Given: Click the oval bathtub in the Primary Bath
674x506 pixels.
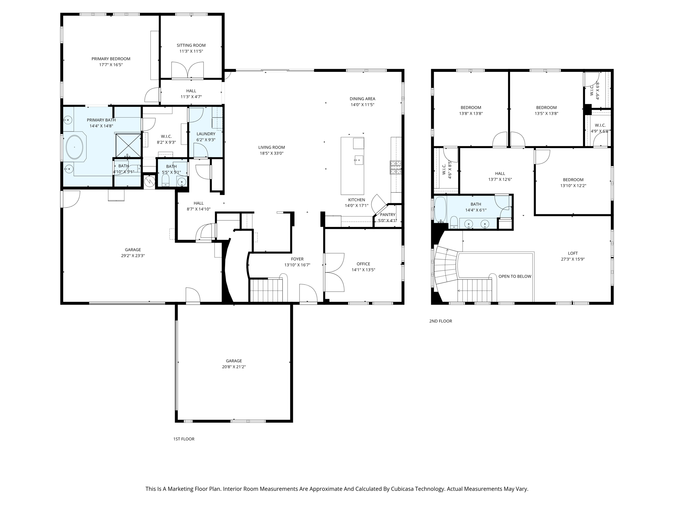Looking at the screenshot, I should click(x=75, y=147).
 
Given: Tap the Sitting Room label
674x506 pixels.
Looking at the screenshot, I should click(x=191, y=45).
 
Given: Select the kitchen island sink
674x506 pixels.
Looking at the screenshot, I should click(x=359, y=161).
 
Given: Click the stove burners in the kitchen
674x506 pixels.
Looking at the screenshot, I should click(x=396, y=167).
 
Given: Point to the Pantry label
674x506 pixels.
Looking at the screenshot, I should click(x=387, y=215).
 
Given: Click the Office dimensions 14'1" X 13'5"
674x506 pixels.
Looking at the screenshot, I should click(x=363, y=270).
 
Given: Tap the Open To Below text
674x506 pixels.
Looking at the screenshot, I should click(x=515, y=276).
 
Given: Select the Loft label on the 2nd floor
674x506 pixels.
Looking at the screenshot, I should click(x=573, y=253).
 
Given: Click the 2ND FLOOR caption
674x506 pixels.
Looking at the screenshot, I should click(x=440, y=321).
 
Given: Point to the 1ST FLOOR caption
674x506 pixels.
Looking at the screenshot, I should click(x=184, y=439).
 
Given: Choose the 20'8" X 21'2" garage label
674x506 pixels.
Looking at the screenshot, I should click(x=234, y=367).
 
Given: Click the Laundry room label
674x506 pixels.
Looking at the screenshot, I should click(x=206, y=134).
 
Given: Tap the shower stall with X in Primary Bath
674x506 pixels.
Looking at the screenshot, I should click(x=128, y=145).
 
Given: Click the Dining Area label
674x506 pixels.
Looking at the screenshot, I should click(x=362, y=99).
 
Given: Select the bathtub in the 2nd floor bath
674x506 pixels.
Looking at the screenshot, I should click(x=440, y=209).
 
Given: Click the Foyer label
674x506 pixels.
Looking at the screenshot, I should click(x=297, y=259).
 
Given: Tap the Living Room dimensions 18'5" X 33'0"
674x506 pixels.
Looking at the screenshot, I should click(x=271, y=153).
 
